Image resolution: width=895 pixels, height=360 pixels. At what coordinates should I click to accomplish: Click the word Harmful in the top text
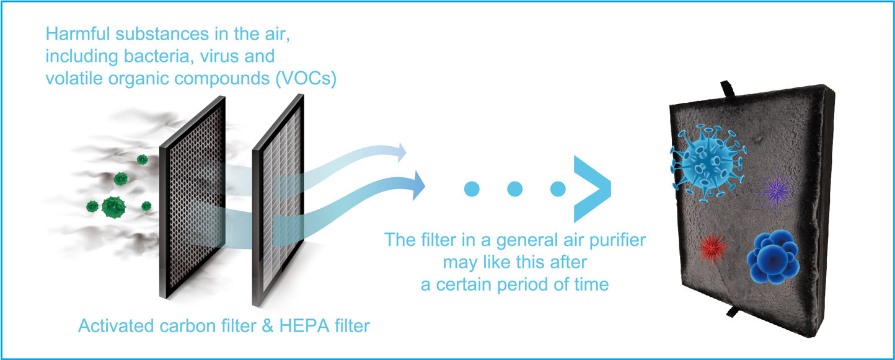[x=77, y=34]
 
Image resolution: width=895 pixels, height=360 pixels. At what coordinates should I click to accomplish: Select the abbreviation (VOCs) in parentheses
[x=306, y=79]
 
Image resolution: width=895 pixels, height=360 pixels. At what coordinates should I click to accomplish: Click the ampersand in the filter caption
[x=267, y=326]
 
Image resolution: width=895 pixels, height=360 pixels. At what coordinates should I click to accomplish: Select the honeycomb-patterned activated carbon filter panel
[x=193, y=197]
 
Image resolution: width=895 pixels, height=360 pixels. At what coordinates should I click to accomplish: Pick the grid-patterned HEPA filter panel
[x=278, y=200]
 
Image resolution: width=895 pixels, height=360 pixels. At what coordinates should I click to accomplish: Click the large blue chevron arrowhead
[x=592, y=188]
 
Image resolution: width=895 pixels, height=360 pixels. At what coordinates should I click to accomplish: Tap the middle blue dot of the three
[x=514, y=189]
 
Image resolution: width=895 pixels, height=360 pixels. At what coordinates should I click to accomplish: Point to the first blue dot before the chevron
[x=472, y=189]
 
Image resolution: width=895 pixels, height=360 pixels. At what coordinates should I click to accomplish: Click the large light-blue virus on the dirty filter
[x=708, y=162]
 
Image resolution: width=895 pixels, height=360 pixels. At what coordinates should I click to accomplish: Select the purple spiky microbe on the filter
[x=776, y=192]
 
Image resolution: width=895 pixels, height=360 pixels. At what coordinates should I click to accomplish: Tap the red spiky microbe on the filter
[x=712, y=248]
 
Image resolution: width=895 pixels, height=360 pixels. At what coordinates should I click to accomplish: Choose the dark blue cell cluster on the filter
[x=773, y=257]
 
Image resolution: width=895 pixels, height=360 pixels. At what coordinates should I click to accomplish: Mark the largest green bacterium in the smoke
[x=113, y=207]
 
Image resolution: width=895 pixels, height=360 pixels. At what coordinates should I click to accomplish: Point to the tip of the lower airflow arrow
[x=425, y=186]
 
